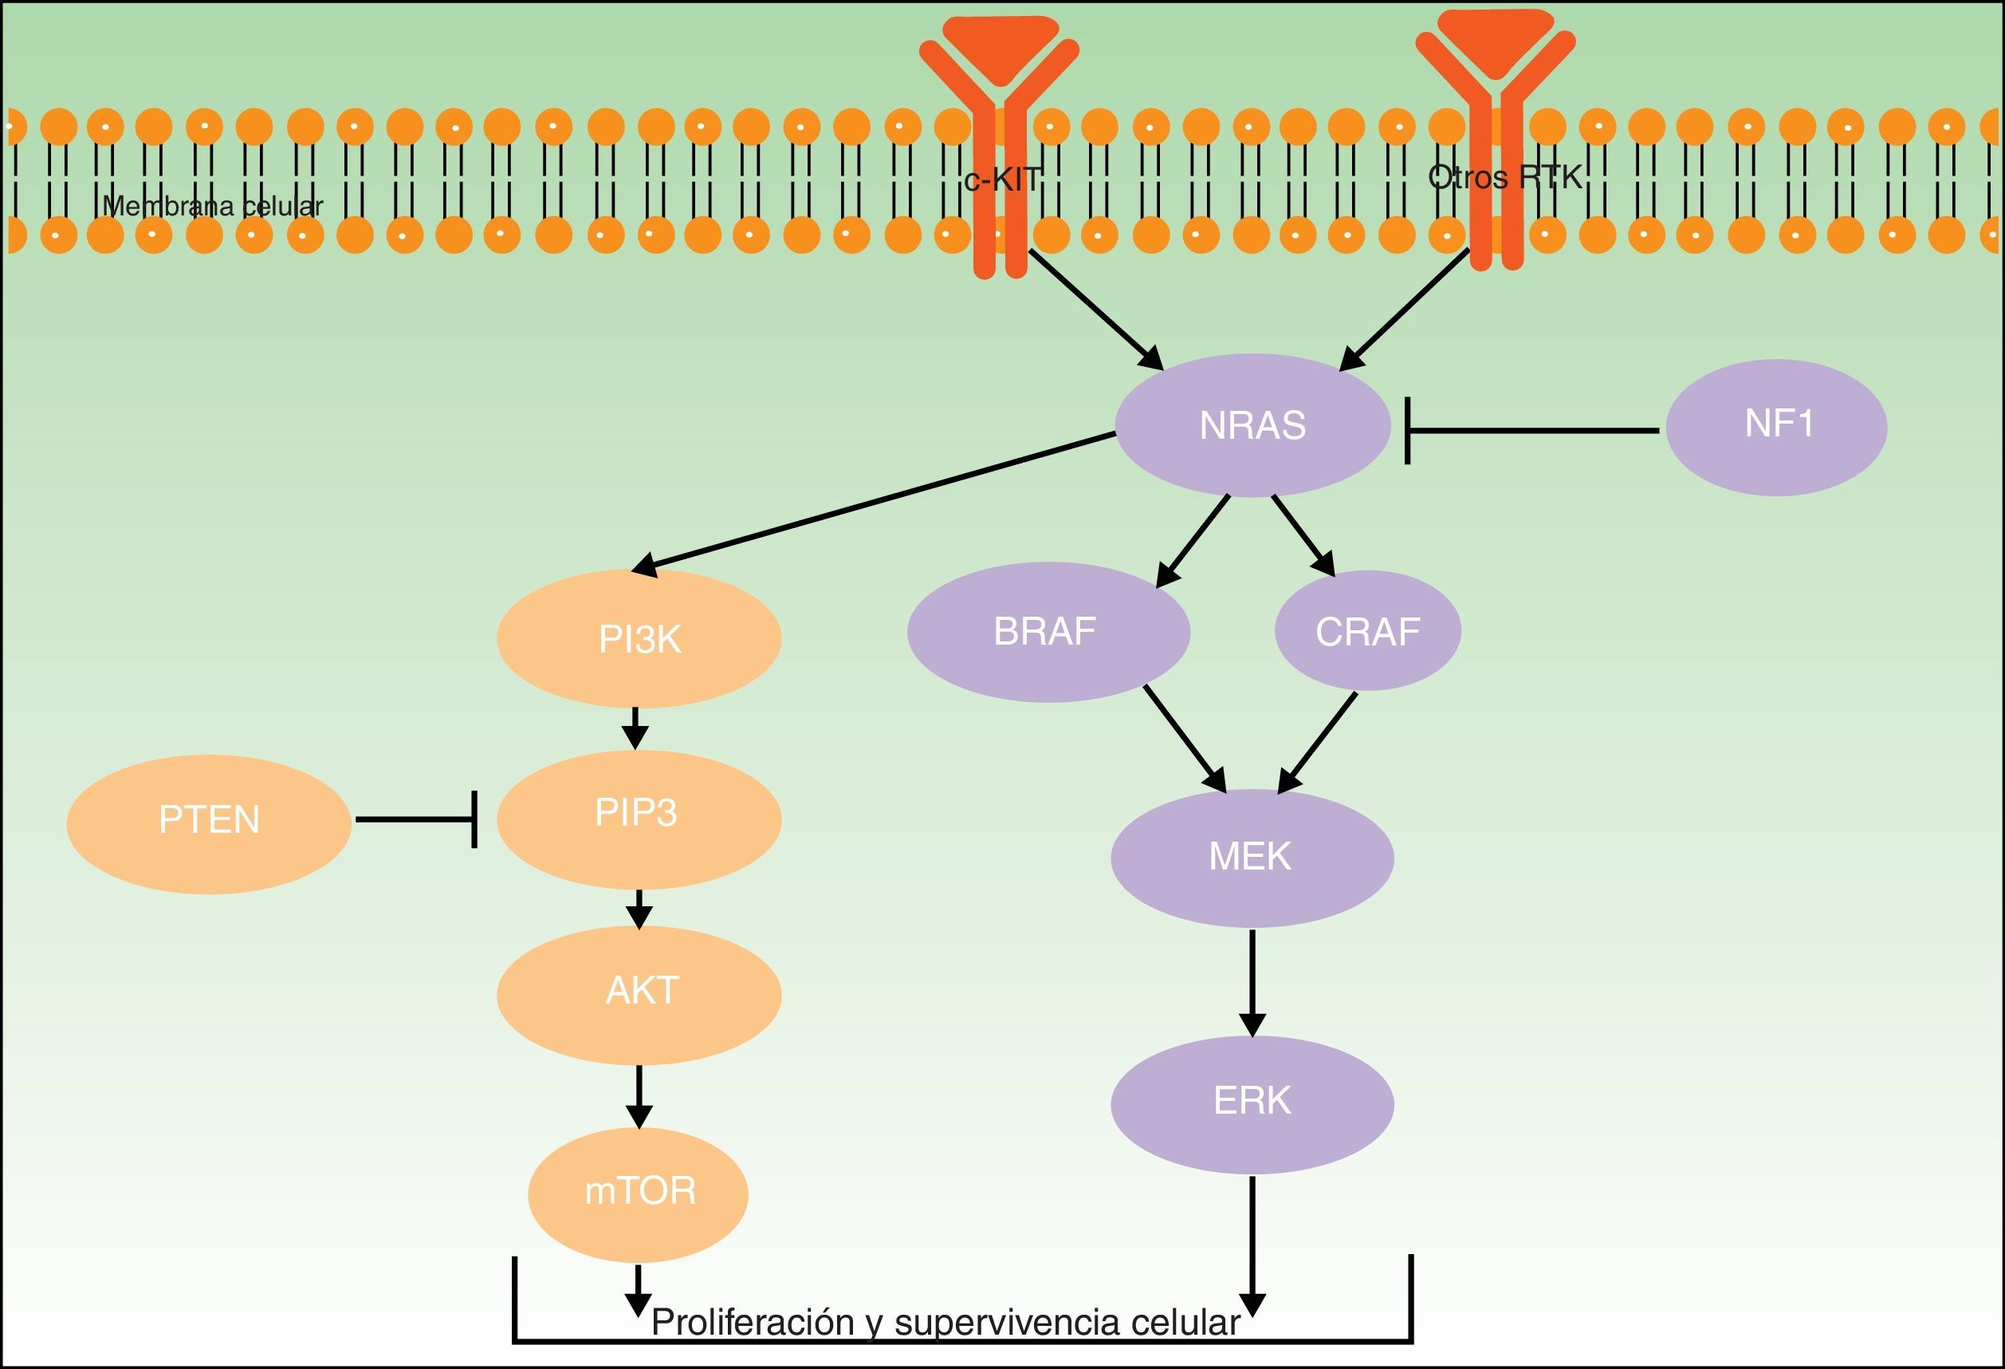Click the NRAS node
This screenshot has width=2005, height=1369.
pyautogui.click(x=1252, y=425)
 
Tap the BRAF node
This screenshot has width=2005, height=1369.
pyautogui.click(x=1048, y=632)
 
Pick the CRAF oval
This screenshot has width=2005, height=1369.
pyautogui.click(x=1367, y=632)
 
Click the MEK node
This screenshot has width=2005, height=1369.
pyautogui.click(x=1251, y=858)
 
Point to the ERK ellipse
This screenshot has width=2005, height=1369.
pyautogui.click(x=1252, y=1103)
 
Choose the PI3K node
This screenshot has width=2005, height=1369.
pyautogui.click(x=639, y=640)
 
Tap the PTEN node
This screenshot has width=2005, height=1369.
pyautogui.click(x=209, y=821)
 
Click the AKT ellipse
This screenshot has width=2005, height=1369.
pyautogui.click(x=639, y=992)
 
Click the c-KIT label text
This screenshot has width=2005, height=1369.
pyautogui.click(x=1003, y=180)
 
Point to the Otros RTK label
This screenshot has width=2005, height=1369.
pyautogui.click(x=1504, y=177)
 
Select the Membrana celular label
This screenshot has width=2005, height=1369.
pyautogui.click(x=212, y=207)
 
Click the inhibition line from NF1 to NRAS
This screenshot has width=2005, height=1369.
pyautogui.click(x=1532, y=430)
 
